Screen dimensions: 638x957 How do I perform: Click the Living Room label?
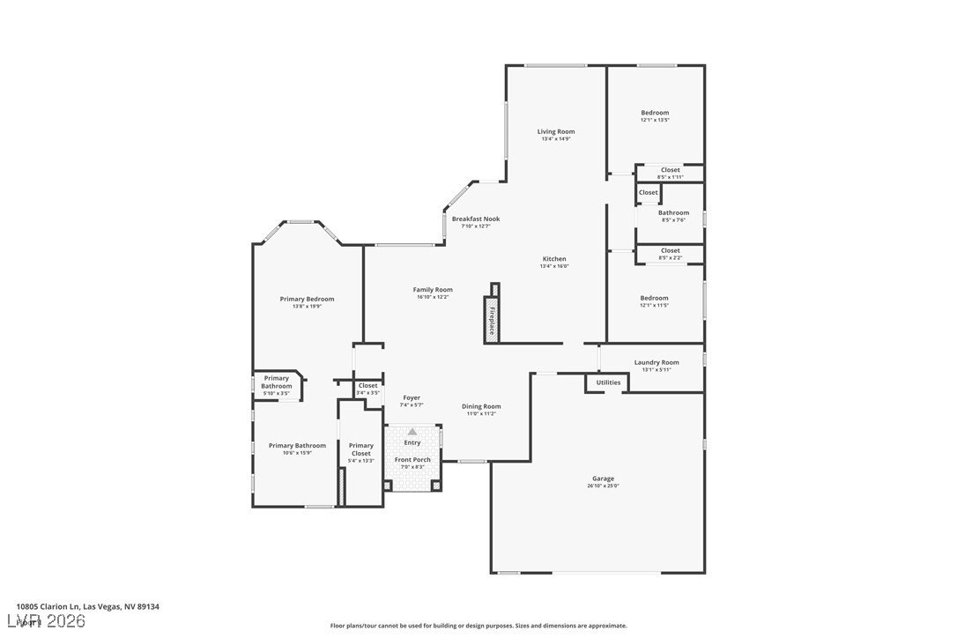click(556, 131)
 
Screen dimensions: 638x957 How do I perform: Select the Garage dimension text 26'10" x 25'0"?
click(603, 486)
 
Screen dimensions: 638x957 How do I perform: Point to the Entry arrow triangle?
click(412, 432)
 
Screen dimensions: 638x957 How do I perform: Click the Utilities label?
click(608, 382)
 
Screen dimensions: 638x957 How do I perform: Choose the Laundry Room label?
click(657, 362)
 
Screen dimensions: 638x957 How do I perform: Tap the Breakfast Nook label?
click(476, 219)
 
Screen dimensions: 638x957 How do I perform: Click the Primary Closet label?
click(360, 449)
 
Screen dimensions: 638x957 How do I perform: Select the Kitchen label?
click(554, 258)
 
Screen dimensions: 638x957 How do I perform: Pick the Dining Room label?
click(481, 406)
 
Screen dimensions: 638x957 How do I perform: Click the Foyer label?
click(412, 397)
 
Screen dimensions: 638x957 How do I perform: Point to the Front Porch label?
click(412, 459)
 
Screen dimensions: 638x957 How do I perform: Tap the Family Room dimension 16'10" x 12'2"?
click(433, 297)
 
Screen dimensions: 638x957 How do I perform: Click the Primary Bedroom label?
click(307, 299)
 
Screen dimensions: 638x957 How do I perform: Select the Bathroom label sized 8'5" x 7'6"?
click(673, 212)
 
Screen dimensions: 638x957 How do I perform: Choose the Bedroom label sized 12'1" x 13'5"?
click(655, 112)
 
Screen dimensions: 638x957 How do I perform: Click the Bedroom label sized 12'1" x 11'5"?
click(654, 298)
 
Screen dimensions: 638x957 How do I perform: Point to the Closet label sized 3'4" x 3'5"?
click(367, 385)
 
